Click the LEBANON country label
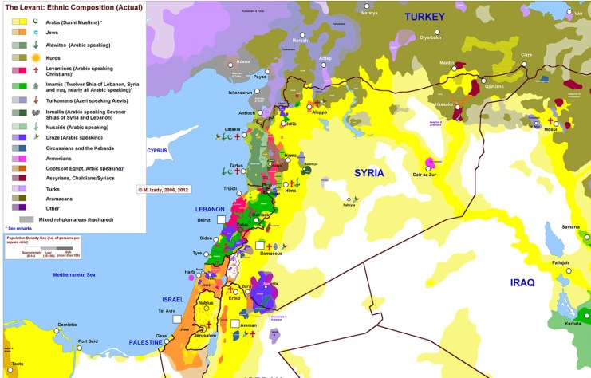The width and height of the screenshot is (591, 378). tap(211, 208)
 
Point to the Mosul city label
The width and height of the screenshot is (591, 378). tap(550, 128)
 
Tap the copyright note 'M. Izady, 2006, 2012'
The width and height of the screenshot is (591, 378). tap(164, 190)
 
